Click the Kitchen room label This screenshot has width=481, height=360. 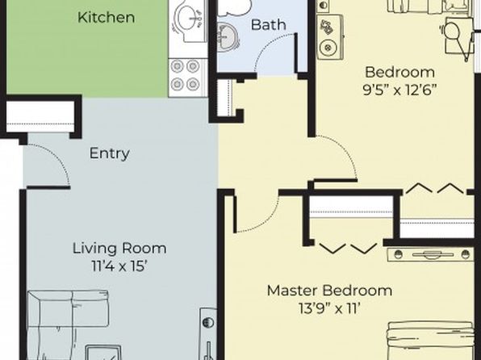click(x=107, y=17)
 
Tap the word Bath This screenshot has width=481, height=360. click(x=269, y=25)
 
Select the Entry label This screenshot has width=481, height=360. click(x=110, y=153)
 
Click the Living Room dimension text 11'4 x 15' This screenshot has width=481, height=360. click(x=118, y=266)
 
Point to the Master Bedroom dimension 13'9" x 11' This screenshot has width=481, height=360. click(x=329, y=308)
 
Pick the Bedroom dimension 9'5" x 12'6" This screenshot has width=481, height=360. click(x=399, y=90)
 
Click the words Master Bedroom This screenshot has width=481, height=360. click(x=329, y=291)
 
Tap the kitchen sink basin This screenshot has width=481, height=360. click(x=188, y=20)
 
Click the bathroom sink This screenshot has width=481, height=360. click(x=227, y=38)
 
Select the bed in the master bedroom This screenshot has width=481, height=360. click(x=430, y=341)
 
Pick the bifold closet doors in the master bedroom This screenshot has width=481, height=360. click(x=348, y=249)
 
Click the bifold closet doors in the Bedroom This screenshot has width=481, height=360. click(x=435, y=188)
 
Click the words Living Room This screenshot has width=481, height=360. click(x=119, y=249)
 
